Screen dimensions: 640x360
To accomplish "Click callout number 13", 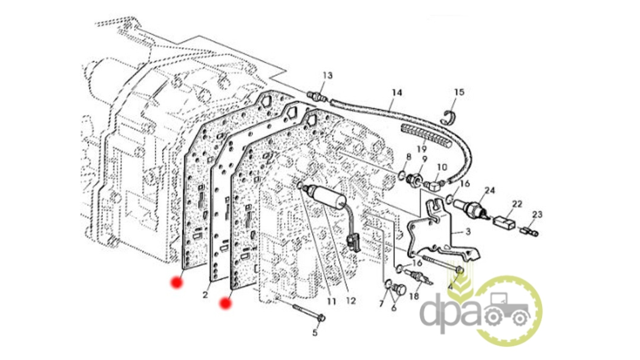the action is [327, 76].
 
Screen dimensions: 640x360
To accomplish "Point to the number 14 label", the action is [397, 93].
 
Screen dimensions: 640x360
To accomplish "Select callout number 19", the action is [422, 149].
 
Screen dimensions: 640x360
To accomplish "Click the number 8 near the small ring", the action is [409, 156].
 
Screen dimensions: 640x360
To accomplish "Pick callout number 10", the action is [442, 167].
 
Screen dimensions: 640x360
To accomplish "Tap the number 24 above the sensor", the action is [490, 190].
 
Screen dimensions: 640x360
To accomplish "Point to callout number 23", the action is [537, 214].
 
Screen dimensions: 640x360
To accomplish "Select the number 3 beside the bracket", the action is [468, 231].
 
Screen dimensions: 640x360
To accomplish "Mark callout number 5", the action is [315, 332].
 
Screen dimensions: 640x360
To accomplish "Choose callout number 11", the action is [331, 302].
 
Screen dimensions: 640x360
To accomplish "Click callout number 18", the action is [414, 296].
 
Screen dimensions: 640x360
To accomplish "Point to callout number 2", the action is [205, 295].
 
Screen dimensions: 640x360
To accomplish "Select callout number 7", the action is [381, 304].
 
